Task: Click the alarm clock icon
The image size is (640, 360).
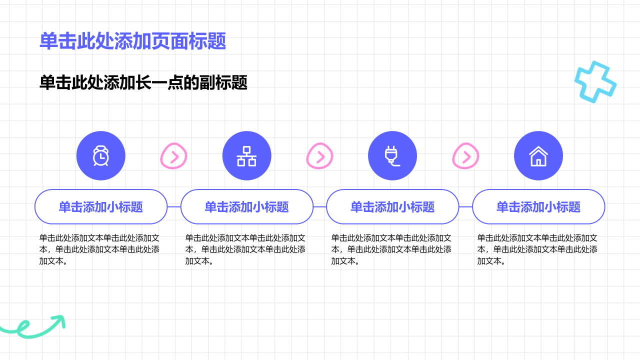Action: (x=101, y=155)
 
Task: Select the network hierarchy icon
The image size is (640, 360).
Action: (x=246, y=156)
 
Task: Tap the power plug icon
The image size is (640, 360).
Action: (x=392, y=156)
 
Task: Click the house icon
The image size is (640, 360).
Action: (x=538, y=156)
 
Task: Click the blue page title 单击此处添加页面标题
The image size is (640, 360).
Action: (x=133, y=41)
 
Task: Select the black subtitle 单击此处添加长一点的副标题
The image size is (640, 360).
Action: (x=143, y=82)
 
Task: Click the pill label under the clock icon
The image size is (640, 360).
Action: (x=101, y=206)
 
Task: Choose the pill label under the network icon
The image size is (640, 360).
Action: (x=247, y=206)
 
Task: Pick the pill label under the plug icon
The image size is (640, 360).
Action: (x=392, y=206)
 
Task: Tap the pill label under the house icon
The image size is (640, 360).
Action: (x=538, y=206)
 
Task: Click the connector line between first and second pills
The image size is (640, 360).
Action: (x=174, y=206)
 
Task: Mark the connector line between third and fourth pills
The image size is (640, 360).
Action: (x=465, y=206)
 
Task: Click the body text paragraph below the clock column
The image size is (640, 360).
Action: (x=99, y=249)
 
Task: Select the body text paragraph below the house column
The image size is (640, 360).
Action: (x=537, y=249)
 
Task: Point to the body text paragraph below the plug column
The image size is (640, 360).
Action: (x=391, y=249)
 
